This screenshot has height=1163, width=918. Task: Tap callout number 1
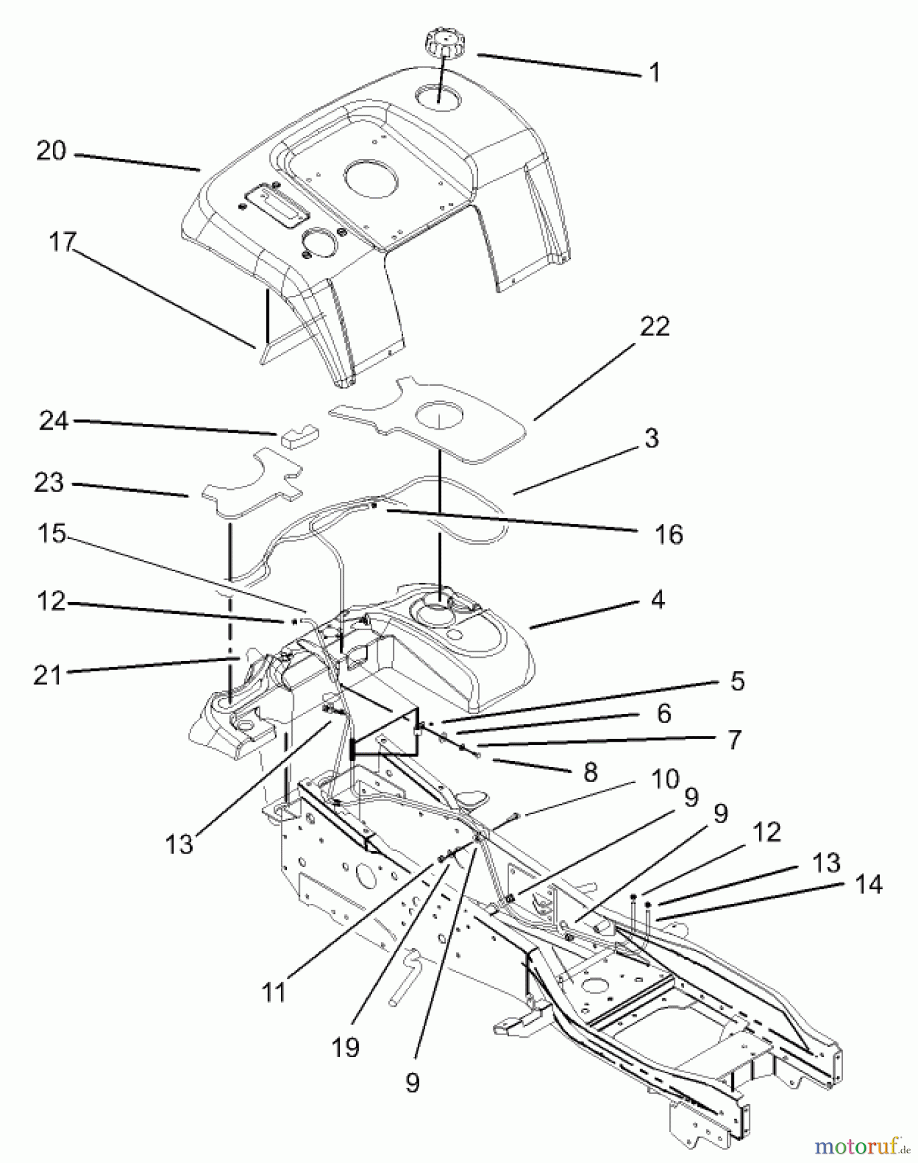(654, 72)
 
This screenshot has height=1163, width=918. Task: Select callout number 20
(51, 151)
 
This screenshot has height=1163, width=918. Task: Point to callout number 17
(62, 243)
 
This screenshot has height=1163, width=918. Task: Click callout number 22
(654, 326)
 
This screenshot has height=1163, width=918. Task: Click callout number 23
(49, 483)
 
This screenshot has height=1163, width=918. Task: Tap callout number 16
(669, 534)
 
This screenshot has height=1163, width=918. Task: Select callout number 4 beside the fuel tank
(657, 600)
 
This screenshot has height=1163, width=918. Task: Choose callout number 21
(47, 675)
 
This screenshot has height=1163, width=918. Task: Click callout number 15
(52, 534)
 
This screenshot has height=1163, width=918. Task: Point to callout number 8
(590, 771)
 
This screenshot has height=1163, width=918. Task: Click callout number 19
(346, 1047)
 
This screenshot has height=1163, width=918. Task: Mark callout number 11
(274, 992)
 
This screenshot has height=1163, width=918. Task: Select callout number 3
(651, 438)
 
